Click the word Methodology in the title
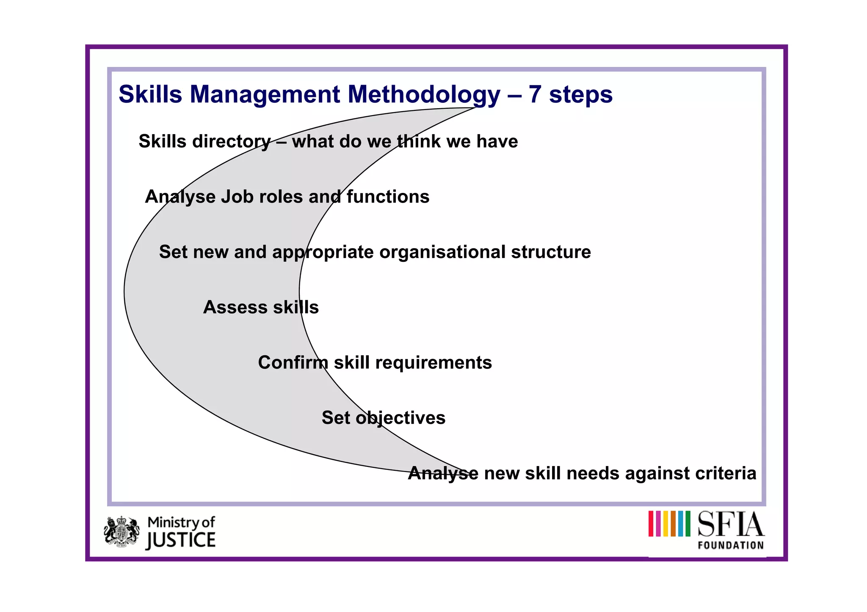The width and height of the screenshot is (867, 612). [x=424, y=94]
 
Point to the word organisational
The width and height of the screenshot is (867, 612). [x=442, y=252]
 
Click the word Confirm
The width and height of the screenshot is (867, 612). [x=293, y=363]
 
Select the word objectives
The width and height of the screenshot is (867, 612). [x=400, y=418]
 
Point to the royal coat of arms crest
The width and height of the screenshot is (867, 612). [x=121, y=532]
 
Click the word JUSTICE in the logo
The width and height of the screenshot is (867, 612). [x=181, y=541]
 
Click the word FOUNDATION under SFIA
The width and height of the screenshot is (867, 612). [x=731, y=545]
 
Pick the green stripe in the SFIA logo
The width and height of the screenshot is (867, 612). [x=688, y=524]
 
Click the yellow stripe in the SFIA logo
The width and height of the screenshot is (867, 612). [x=666, y=524]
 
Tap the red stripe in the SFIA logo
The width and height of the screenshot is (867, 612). [x=651, y=524]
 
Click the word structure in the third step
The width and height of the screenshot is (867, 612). [x=551, y=252]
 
